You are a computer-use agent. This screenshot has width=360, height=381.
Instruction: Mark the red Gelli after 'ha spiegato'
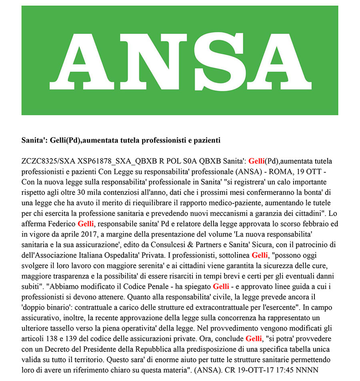pos(221,286)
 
